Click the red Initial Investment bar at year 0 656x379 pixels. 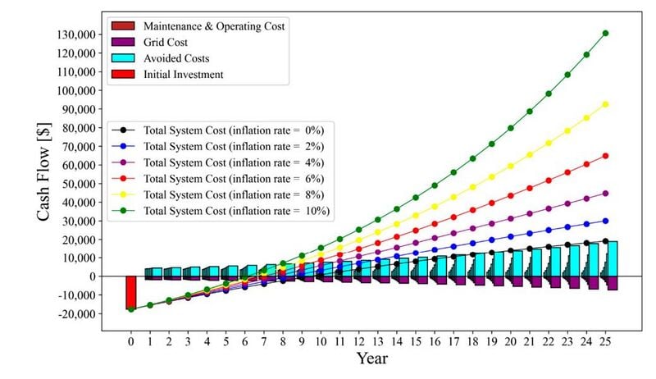tap(130, 293)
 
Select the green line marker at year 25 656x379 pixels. tap(605, 34)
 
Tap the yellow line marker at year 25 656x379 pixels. tap(605, 104)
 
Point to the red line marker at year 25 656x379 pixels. tap(605, 156)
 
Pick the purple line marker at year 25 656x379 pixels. tap(605, 194)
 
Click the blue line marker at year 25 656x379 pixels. tap(605, 221)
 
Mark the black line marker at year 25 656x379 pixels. tap(605, 241)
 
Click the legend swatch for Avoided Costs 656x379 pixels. tap(123, 58)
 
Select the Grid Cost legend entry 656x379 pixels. tap(164, 42)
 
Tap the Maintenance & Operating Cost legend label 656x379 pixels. tap(214, 26)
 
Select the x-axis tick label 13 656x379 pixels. tap(377, 340)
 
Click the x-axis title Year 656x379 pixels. tap(371, 358)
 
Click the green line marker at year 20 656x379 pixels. tap(510, 128)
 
